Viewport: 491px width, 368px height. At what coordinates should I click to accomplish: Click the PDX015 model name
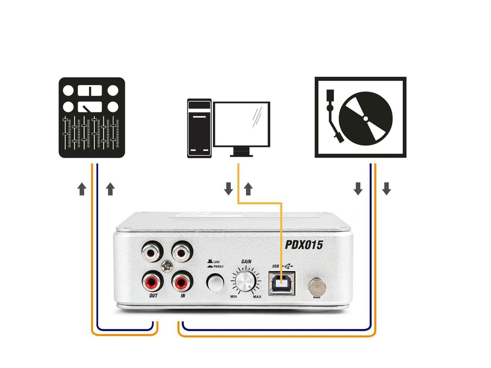pyautogui.click(x=303, y=245)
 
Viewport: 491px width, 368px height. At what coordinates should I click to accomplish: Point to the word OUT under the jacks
pyautogui.click(x=153, y=296)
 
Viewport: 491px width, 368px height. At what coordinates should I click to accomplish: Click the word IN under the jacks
pyautogui.click(x=183, y=296)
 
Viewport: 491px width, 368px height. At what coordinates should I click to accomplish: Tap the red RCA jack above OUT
pyautogui.click(x=152, y=282)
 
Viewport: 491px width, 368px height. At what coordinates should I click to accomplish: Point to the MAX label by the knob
pyautogui.click(x=257, y=297)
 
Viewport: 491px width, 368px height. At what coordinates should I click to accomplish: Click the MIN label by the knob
pyautogui.click(x=233, y=297)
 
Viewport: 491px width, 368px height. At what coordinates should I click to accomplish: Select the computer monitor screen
pyautogui.click(x=242, y=124)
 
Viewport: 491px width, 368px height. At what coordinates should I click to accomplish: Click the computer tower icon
pyautogui.click(x=199, y=128)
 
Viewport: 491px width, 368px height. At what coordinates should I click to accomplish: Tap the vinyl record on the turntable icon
pyautogui.click(x=366, y=117)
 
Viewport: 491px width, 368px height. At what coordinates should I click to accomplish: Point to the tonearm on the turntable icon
pyautogui.click(x=333, y=117)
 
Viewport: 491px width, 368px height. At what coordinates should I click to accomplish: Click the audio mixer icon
pyautogui.click(x=92, y=117)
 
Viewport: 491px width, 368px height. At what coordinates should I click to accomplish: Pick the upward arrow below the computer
pyautogui.click(x=249, y=189)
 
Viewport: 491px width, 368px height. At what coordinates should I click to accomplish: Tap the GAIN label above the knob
pyautogui.click(x=246, y=261)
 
